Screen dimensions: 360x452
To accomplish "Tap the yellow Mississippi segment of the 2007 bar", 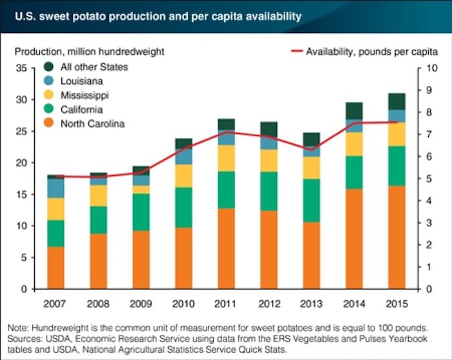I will (x=57, y=209).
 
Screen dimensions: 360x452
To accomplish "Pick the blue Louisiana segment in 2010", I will (x=184, y=157).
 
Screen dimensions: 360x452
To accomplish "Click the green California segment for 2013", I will (x=310, y=201).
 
